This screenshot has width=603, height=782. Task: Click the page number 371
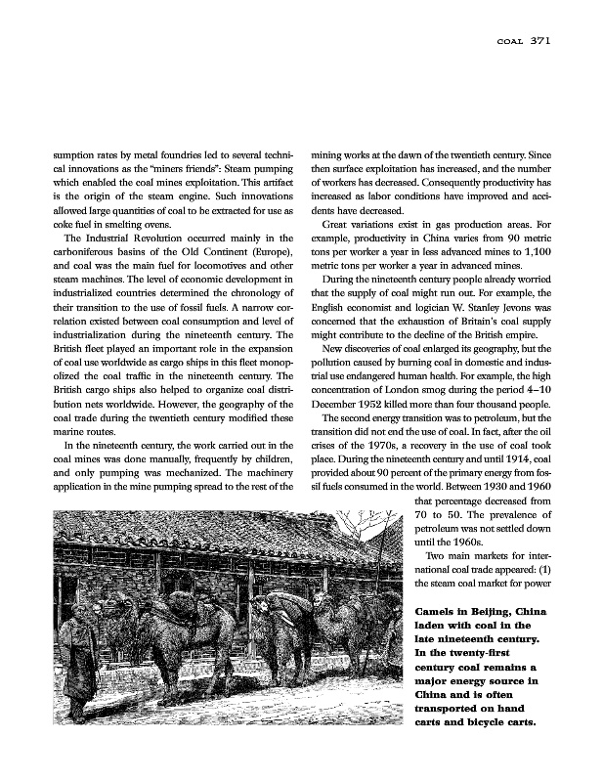coord(542,41)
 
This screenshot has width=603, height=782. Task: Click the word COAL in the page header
coord(511,42)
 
